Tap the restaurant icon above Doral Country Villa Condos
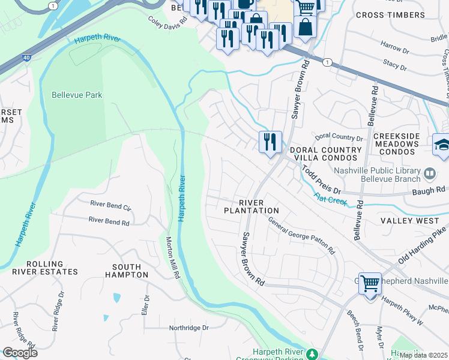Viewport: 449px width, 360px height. (x=270, y=142)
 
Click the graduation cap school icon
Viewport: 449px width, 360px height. (x=442, y=145)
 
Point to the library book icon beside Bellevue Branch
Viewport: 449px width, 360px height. (x=429, y=174)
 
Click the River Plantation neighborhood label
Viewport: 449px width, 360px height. (x=251, y=206)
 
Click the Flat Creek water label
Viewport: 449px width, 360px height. (x=329, y=198)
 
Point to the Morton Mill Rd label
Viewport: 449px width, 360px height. (x=172, y=258)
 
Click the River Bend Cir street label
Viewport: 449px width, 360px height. (x=110, y=204)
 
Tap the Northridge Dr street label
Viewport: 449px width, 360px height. (x=188, y=328)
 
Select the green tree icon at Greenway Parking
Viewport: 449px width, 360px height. (x=312, y=355)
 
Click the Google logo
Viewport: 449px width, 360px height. (x=20, y=353)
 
